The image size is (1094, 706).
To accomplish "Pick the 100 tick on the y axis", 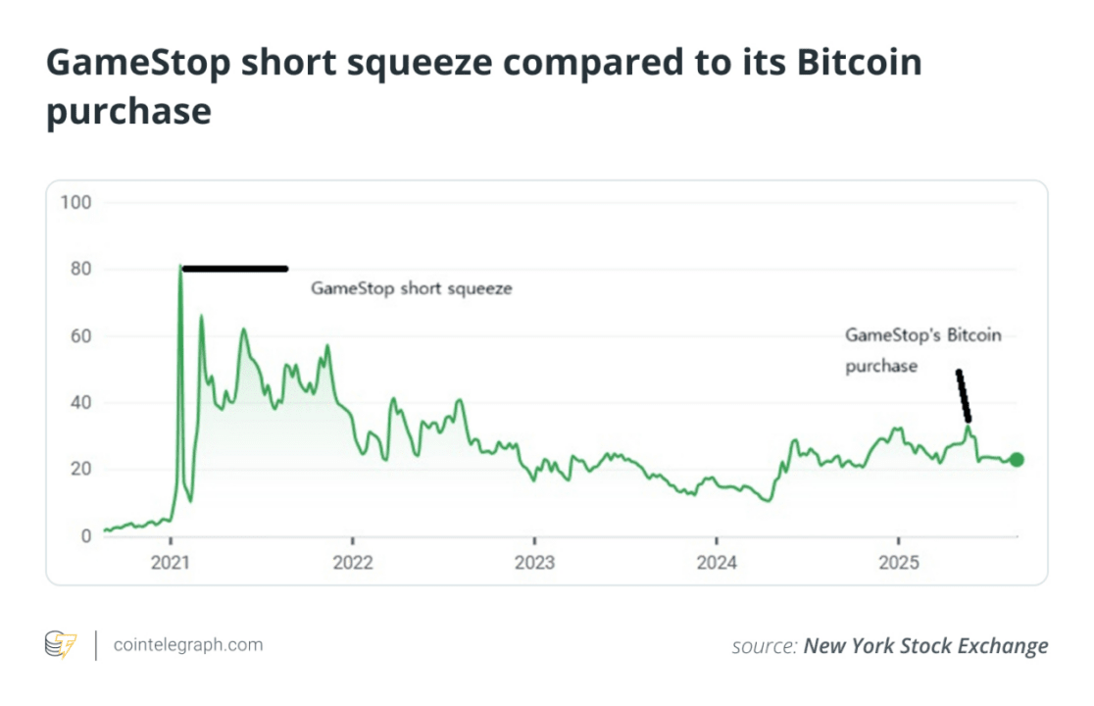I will coord(75,203).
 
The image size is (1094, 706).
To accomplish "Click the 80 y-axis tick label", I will coord(79,270).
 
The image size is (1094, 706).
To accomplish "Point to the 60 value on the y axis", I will coord(79,336).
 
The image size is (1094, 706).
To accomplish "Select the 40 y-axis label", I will coord(79,402).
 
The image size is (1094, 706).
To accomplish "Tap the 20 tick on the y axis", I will coord(79,469).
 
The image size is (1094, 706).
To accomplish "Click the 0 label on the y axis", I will coord(84,535).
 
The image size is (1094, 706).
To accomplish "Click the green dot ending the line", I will coord(1017,460).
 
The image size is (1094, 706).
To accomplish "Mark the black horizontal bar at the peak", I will coord(235,269).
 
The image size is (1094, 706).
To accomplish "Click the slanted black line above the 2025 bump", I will coord(964,395).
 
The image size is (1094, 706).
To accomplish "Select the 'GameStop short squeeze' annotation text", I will coord(412,289).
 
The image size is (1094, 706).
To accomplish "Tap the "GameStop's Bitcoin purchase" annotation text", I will coord(922,350).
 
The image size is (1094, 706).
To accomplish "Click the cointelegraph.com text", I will coord(188,644).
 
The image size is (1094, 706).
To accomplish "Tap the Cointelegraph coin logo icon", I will coord(61,644).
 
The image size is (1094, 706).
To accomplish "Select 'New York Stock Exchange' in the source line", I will coord(925,645).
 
